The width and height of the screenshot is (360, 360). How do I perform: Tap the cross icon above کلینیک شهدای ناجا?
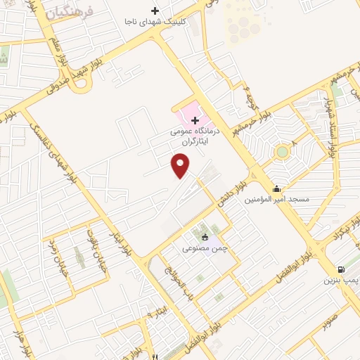pyautogui.click(x=155, y=11)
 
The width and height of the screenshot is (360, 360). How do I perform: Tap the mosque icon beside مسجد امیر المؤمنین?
pyautogui.click(x=277, y=188)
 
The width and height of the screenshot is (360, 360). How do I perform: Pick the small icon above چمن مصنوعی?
pyautogui.click(x=205, y=236)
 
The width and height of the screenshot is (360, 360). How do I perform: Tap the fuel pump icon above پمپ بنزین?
pyautogui.click(x=341, y=269)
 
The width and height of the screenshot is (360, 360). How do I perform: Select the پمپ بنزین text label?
pyautogui.click(x=341, y=280)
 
